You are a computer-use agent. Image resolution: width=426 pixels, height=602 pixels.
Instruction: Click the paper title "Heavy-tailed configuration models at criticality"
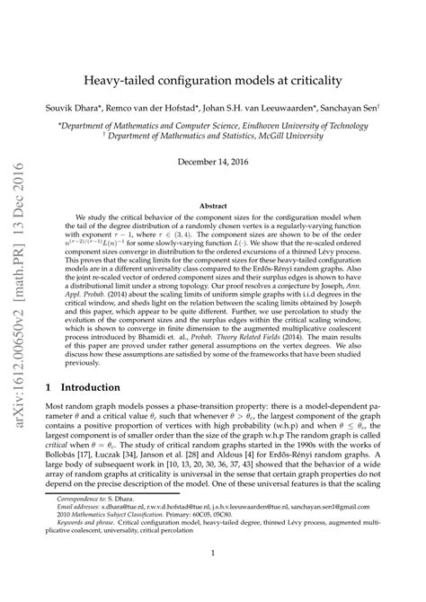click(213, 80)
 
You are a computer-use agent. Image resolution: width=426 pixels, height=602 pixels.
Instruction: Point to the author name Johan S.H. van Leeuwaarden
click(268, 106)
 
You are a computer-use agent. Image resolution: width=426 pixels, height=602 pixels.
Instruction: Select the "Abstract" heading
click(212, 205)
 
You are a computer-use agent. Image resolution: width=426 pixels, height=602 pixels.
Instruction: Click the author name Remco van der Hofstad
click(164, 106)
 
